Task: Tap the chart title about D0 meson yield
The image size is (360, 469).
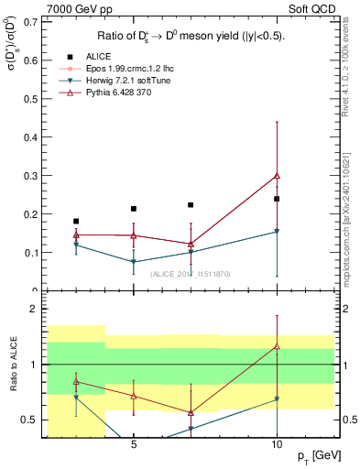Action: pos(190,37)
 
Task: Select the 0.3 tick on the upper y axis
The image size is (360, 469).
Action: pos(33,175)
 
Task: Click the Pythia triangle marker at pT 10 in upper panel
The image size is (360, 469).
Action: pos(277,175)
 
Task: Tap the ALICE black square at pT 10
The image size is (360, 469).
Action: pos(277,199)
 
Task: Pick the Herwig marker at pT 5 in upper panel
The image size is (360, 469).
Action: pos(134,262)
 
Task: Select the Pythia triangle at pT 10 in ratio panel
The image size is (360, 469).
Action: pos(277,346)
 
